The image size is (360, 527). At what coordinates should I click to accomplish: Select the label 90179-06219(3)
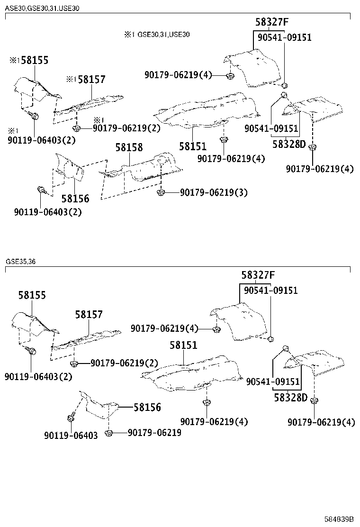click(x=214, y=192)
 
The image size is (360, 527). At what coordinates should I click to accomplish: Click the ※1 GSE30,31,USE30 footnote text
click(x=157, y=35)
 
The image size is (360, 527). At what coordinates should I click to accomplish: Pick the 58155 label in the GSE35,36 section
click(x=32, y=295)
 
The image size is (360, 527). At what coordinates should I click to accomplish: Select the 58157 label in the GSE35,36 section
click(x=89, y=315)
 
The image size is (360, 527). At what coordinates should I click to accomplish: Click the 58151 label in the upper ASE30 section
click(x=193, y=146)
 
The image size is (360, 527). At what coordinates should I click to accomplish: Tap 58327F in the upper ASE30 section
click(x=271, y=22)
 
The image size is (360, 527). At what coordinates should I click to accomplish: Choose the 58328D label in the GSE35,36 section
click(x=290, y=398)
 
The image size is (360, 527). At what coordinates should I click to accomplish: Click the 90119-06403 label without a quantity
click(x=71, y=435)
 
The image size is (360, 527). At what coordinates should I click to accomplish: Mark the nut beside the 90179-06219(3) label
click(x=160, y=192)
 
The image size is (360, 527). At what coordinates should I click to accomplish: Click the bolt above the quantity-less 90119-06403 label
click(x=71, y=418)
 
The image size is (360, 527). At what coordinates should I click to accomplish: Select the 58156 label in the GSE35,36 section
click(x=147, y=407)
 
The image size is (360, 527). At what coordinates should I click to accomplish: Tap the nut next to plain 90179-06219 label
click(x=108, y=433)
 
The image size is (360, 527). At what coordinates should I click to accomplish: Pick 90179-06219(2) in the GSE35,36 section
click(x=124, y=363)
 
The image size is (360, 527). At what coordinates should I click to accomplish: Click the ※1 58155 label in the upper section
click(x=29, y=60)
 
